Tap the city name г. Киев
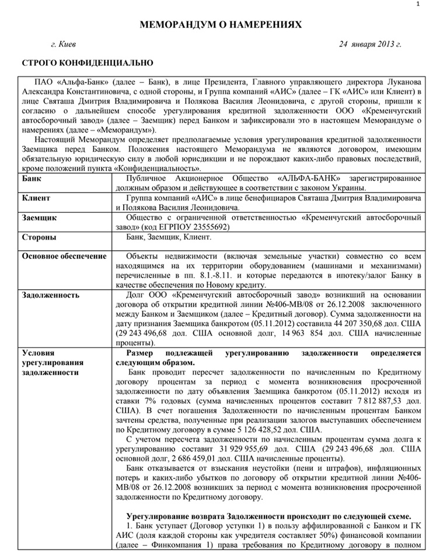[x=63, y=44]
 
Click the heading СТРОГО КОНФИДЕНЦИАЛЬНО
[x=87, y=62]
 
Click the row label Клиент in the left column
[x=36, y=198]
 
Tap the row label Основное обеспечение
[x=64, y=256]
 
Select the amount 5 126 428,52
[x=259, y=428]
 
